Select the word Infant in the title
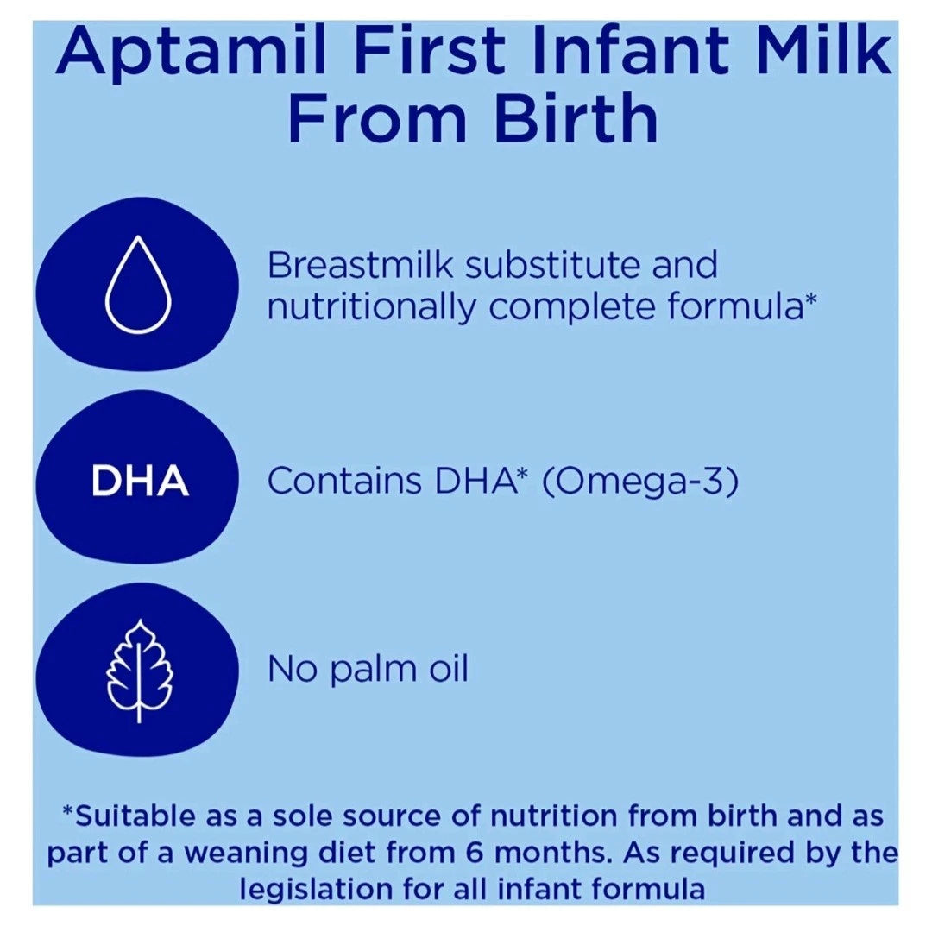tap(639, 54)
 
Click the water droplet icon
tap(138, 290)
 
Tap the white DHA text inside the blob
tap(140, 482)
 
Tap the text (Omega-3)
tap(640, 482)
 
